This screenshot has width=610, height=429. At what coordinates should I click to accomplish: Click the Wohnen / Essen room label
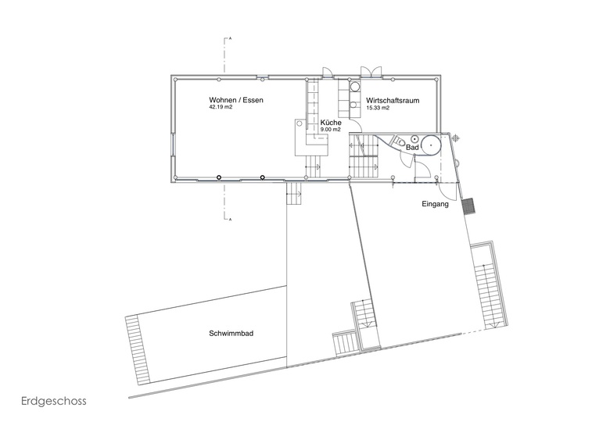point(236,100)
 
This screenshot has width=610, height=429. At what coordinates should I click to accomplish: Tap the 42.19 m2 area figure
point(221,107)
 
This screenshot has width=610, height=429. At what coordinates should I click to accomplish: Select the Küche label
point(331,123)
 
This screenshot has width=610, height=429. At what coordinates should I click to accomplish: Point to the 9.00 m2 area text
point(330,130)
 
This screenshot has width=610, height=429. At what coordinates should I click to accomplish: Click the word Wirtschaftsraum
point(393,101)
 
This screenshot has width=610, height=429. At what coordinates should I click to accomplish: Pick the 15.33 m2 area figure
point(378,108)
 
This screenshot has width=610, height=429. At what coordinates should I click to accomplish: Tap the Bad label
point(412,148)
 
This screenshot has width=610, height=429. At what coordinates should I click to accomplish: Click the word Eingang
point(436,204)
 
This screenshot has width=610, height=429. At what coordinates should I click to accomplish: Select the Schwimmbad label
point(231,334)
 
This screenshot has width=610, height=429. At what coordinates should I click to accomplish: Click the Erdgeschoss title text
point(54,401)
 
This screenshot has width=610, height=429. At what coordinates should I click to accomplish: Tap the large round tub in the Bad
point(431,145)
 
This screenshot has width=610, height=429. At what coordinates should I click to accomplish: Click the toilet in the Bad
point(399,141)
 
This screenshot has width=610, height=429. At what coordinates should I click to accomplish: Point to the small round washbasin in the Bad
point(414,138)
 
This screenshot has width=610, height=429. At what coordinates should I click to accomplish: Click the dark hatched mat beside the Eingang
point(468,206)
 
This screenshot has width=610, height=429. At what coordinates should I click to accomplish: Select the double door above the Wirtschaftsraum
point(371,73)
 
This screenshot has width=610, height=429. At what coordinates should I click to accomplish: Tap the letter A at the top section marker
point(230,38)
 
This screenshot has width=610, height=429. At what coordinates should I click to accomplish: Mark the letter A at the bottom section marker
point(230,220)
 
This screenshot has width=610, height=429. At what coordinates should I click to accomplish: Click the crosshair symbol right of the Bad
point(456,137)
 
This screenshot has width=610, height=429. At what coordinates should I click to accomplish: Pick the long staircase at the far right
point(489,286)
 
